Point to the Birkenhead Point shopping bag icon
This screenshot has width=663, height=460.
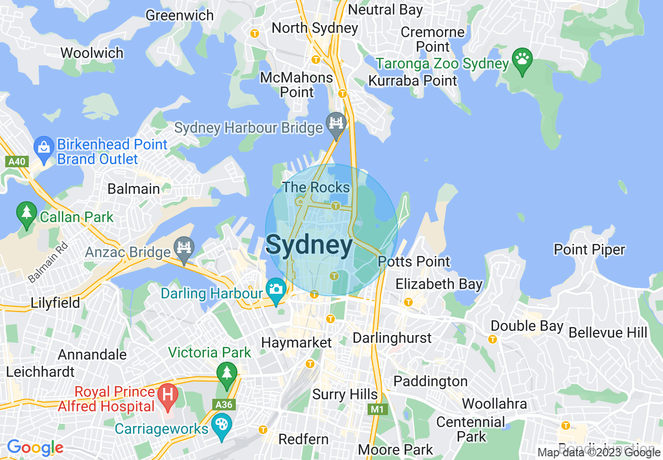[x=44, y=147]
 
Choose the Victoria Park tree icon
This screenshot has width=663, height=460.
[x=226, y=373]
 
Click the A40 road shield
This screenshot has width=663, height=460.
[x=17, y=162]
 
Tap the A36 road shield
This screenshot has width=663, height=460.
[x=225, y=405]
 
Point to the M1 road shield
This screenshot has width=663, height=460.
[x=377, y=409]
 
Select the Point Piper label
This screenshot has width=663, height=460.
[x=589, y=250]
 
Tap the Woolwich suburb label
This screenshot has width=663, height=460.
[x=92, y=53]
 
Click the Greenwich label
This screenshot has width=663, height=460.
[x=179, y=15]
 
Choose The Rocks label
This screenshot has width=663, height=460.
[x=316, y=187]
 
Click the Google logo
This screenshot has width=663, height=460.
[x=35, y=448]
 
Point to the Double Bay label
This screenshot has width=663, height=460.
[x=527, y=326]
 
